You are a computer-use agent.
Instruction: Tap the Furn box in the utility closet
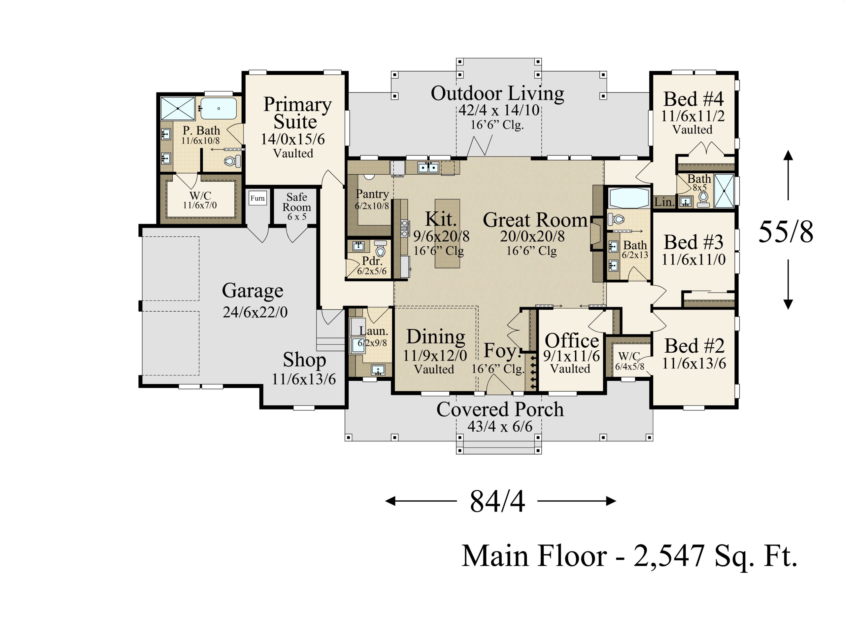(257, 198)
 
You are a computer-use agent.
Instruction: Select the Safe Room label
(297, 202)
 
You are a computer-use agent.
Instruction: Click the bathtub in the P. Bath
(219, 109)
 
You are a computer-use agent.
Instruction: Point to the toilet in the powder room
(380, 249)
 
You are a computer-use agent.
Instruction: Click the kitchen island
(447, 233)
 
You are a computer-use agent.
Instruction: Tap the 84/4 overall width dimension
(497, 502)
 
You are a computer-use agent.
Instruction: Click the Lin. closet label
(665, 202)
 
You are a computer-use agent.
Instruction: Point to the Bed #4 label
(693, 99)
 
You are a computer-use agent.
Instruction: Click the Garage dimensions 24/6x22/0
(255, 312)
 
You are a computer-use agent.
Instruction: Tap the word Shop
(304, 360)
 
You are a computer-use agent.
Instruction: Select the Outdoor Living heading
(497, 94)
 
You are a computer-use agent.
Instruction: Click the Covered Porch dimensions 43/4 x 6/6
(500, 426)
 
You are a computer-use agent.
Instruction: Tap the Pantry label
(372, 194)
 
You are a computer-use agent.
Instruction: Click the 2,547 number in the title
(669, 556)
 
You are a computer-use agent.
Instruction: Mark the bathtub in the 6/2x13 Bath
(629, 198)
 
